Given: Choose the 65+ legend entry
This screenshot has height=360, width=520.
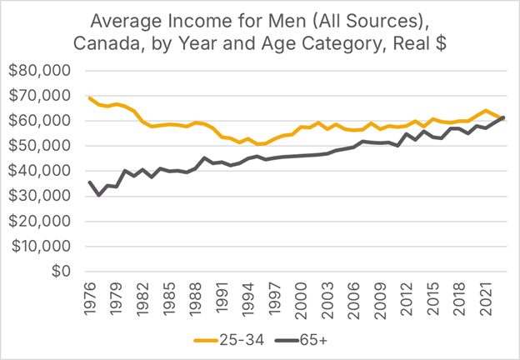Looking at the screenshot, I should click(311, 341).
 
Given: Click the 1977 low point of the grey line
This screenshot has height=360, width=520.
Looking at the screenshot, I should click(98, 195).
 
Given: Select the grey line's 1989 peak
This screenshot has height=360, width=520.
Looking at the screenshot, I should click(204, 157).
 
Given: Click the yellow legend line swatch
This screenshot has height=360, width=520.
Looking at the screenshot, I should click(205, 341).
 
